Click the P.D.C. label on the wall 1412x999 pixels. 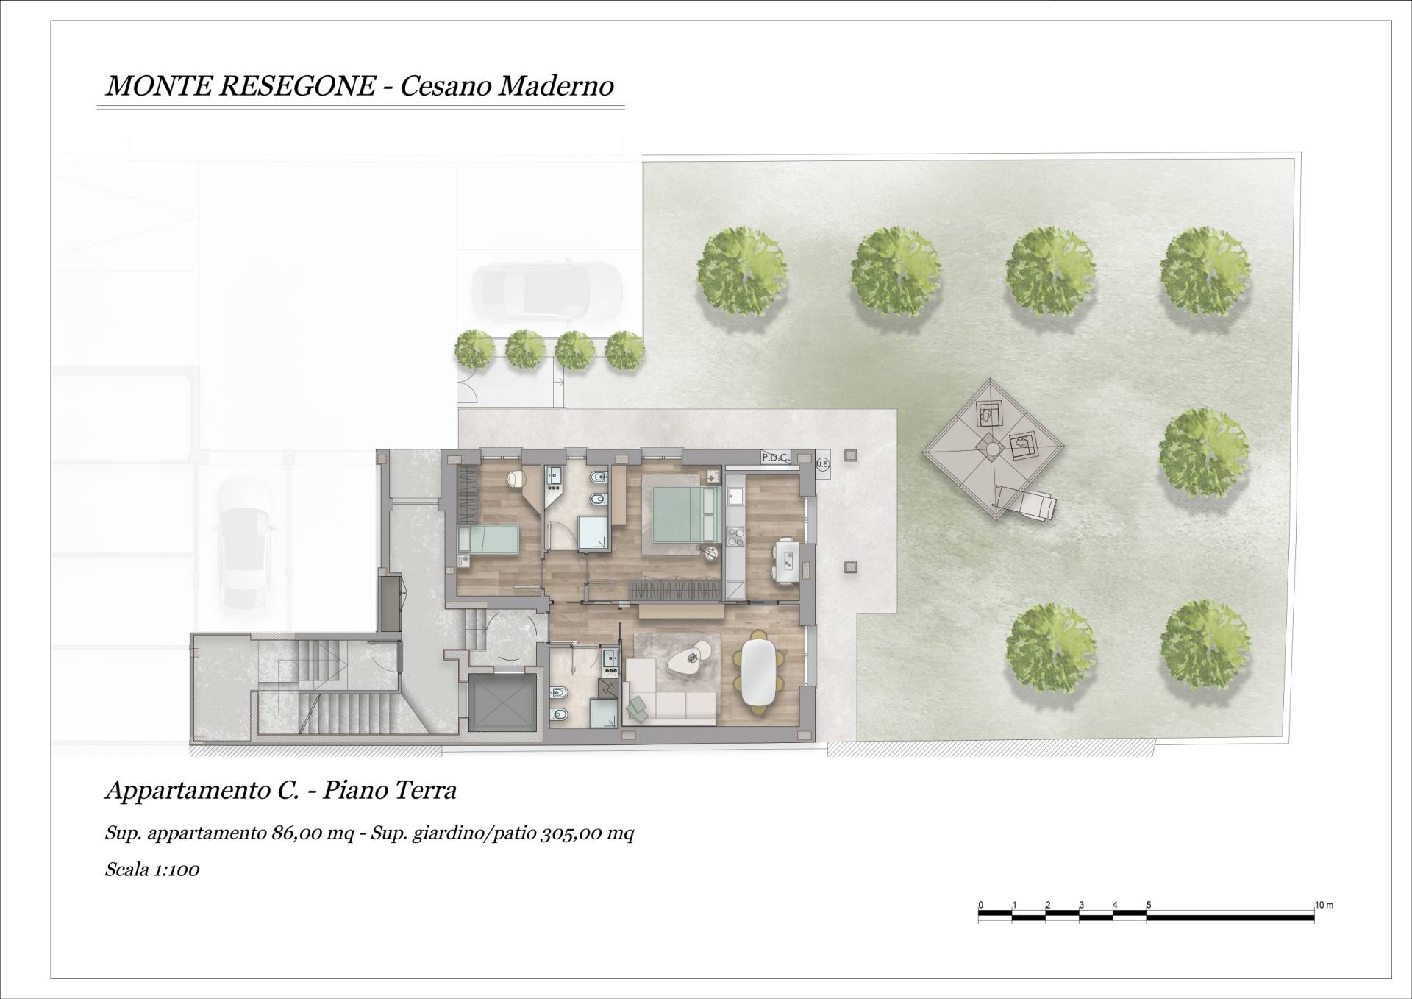(775, 458)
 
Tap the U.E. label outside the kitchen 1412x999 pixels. (823, 464)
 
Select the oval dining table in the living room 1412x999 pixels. (757, 672)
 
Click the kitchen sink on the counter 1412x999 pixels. (735, 498)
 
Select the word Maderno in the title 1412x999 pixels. (557, 86)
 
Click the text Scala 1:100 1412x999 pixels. (152, 870)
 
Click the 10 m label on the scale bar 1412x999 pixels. (1324, 905)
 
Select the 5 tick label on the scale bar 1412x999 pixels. (1149, 905)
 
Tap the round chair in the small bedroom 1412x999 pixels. (517, 479)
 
